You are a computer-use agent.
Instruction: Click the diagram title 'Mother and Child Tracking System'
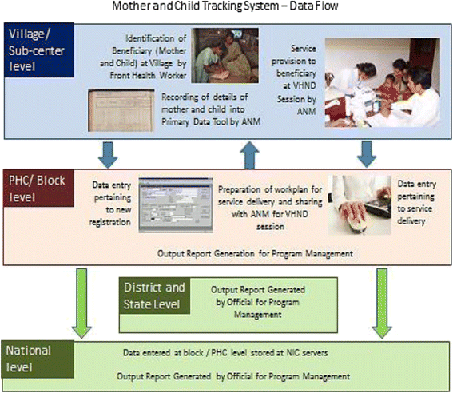(x=226, y=7)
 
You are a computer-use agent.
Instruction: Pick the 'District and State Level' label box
(x=157, y=295)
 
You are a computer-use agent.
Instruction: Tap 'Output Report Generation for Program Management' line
(x=256, y=254)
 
